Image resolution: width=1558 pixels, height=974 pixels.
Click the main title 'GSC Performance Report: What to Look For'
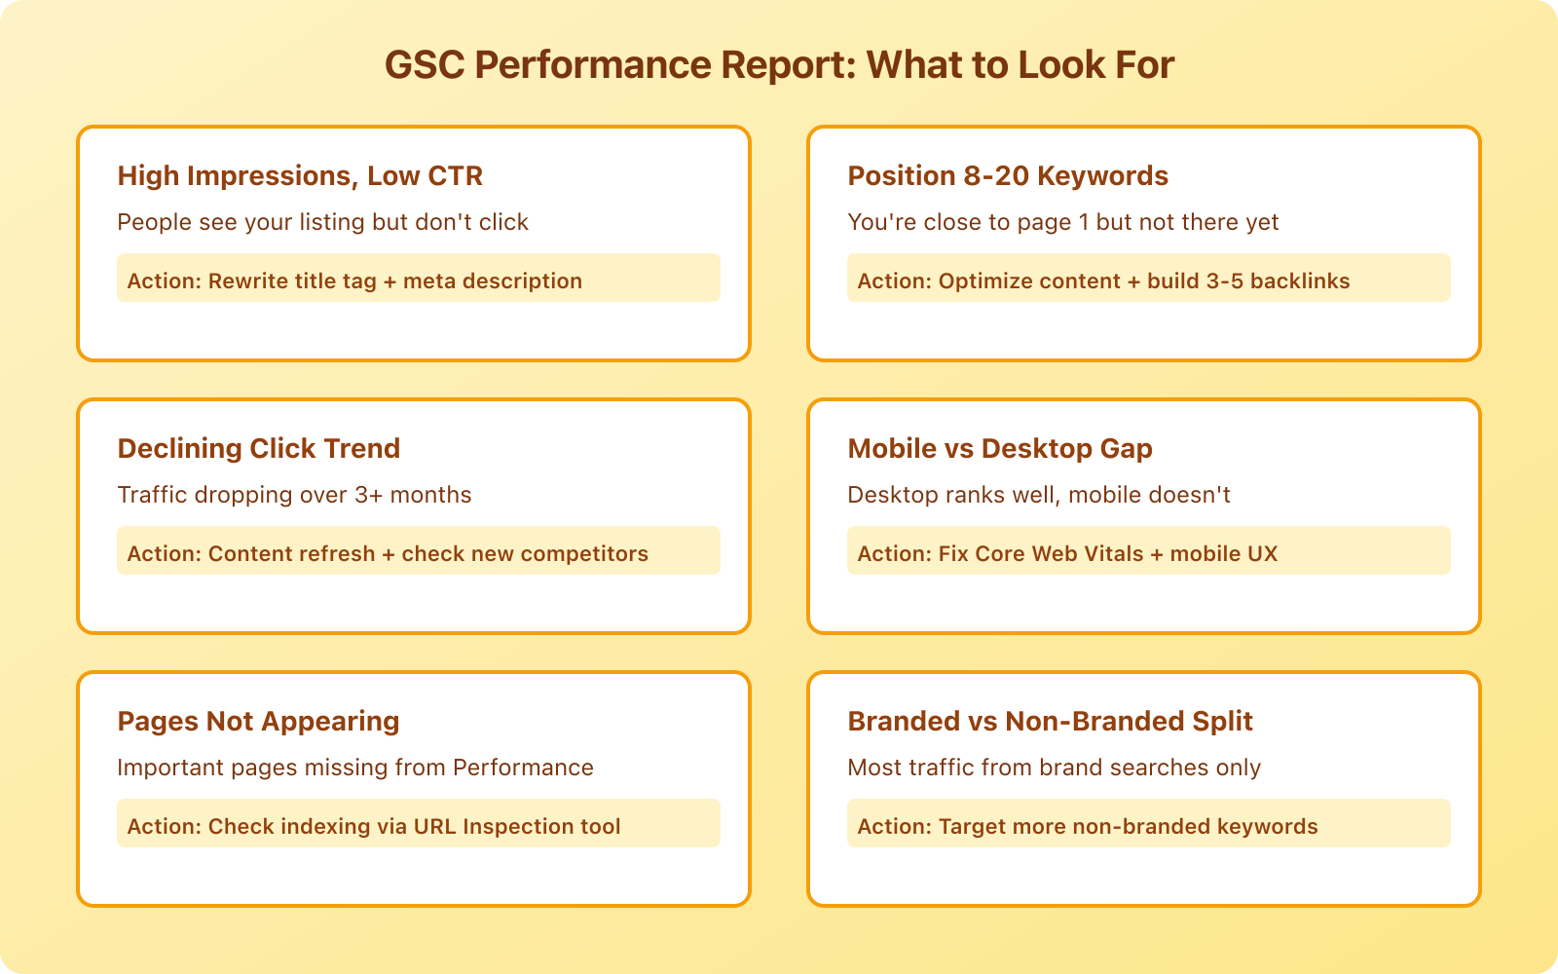[779, 65]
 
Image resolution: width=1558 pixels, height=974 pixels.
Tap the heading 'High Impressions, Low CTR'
[300, 176]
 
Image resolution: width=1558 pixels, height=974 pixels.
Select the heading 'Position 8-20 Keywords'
[1008, 176]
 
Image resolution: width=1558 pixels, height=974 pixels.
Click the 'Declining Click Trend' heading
[259, 449]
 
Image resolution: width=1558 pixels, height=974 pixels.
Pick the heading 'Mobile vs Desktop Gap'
[1000, 449]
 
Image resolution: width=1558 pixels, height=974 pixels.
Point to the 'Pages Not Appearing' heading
[258, 722]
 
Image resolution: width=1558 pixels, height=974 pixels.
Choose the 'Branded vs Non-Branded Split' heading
[1050, 722]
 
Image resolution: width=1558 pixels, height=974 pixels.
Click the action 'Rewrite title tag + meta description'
[354, 281]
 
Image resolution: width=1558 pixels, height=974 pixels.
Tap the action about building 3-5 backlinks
[1103, 281]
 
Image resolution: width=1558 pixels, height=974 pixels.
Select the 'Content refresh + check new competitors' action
[388, 554]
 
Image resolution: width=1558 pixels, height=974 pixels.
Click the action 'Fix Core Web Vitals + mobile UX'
[1067, 554]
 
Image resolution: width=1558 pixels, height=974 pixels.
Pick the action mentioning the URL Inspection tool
[374, 827]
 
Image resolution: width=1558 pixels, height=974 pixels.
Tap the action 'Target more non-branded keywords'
[1088, 827]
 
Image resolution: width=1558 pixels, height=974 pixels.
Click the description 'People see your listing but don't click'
[322, 222]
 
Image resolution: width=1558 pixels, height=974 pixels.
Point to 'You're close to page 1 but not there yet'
[1062, 222]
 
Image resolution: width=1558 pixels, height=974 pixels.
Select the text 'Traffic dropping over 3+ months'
[294, 495]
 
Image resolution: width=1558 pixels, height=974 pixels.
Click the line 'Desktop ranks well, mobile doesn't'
[1039, 495]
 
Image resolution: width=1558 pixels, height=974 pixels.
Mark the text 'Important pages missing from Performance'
[355, 768]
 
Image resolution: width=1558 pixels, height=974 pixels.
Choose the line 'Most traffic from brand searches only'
[1054, 768]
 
